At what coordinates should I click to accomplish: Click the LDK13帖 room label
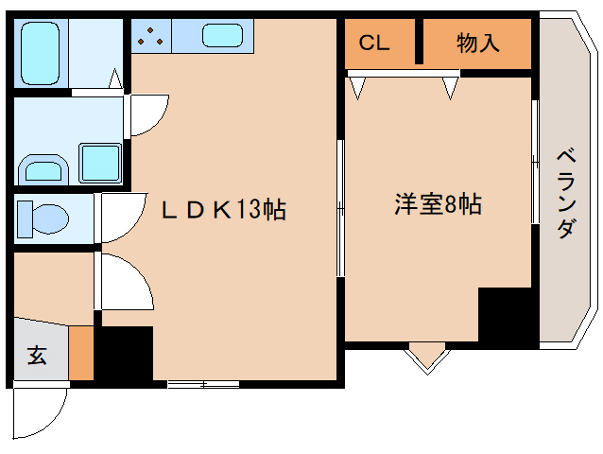[223, 210]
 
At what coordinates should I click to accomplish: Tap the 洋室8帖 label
[438, 204]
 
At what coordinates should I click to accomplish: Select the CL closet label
[373, 44]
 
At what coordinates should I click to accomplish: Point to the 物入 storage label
[477, 44]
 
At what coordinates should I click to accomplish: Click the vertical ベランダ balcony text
[565, 194]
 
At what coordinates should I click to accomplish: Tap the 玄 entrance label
[36, 356]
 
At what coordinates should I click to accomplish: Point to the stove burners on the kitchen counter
[150, 37]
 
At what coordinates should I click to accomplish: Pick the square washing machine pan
[98, 163]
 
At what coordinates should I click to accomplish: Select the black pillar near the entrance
[125, 354]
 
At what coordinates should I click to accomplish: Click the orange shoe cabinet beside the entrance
[82, 353]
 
